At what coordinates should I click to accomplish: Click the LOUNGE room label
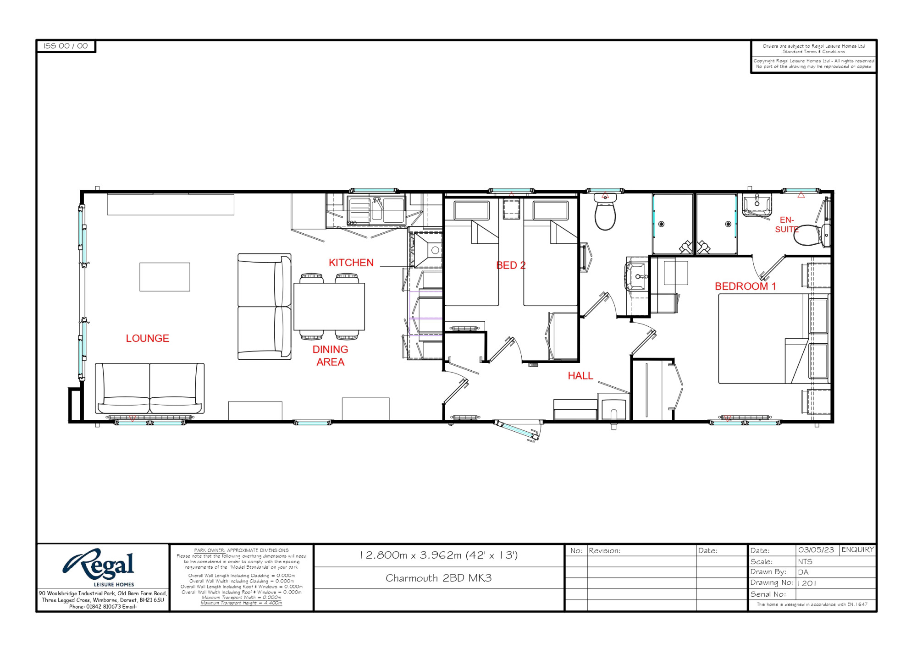[x=148, y=338]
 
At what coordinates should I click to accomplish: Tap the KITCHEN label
[x=351, y=263]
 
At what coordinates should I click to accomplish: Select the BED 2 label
[x=511, y=265]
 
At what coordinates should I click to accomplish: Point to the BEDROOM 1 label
[x=746, y=286]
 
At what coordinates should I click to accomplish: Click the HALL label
[x=580, y=376]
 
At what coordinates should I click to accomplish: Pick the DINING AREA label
[x=330, y=356]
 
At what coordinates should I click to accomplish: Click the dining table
[x=329, y=307]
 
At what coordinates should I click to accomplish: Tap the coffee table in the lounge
[x=165, y=277]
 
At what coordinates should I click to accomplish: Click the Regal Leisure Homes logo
[x=99, y=567]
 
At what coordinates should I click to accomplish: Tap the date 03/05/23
[x=816, y=550]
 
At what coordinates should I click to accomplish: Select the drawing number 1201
[x=807, y=583]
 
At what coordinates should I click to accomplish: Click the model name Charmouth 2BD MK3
[x=439, y=578]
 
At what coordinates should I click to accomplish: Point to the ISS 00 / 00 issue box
[x=66, y=46]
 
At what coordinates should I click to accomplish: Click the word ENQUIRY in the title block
[x=858, y=549]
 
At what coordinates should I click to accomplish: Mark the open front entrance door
[x=517, y=430]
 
